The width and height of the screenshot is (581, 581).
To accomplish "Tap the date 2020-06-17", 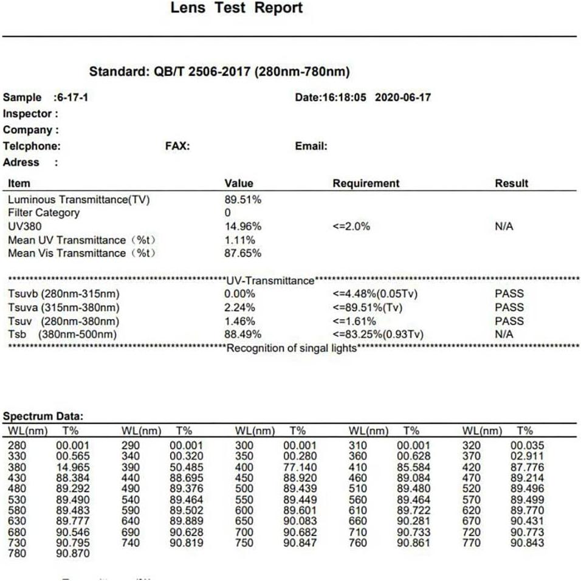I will [403, 97].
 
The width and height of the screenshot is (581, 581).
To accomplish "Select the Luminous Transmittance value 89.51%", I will [242, 199].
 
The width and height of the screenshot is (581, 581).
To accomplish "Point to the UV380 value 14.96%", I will [242, 226].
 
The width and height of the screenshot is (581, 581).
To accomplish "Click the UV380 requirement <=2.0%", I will [351, 226].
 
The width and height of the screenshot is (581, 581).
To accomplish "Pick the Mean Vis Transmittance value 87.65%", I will [242, 253].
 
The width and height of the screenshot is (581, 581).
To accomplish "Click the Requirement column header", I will [366, 183].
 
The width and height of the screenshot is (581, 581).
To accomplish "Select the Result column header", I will [511, 183].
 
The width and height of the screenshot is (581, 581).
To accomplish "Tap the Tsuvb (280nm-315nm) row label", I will [63, 294].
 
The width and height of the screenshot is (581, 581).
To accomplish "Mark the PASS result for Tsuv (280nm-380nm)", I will [509, 321].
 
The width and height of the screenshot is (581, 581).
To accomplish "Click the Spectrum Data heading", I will [43, 416].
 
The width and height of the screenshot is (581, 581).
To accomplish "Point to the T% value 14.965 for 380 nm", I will [72, 467].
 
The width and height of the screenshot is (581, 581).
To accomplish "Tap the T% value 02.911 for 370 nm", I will [527, 456].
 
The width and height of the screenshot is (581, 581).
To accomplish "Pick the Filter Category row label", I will [43, 213].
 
